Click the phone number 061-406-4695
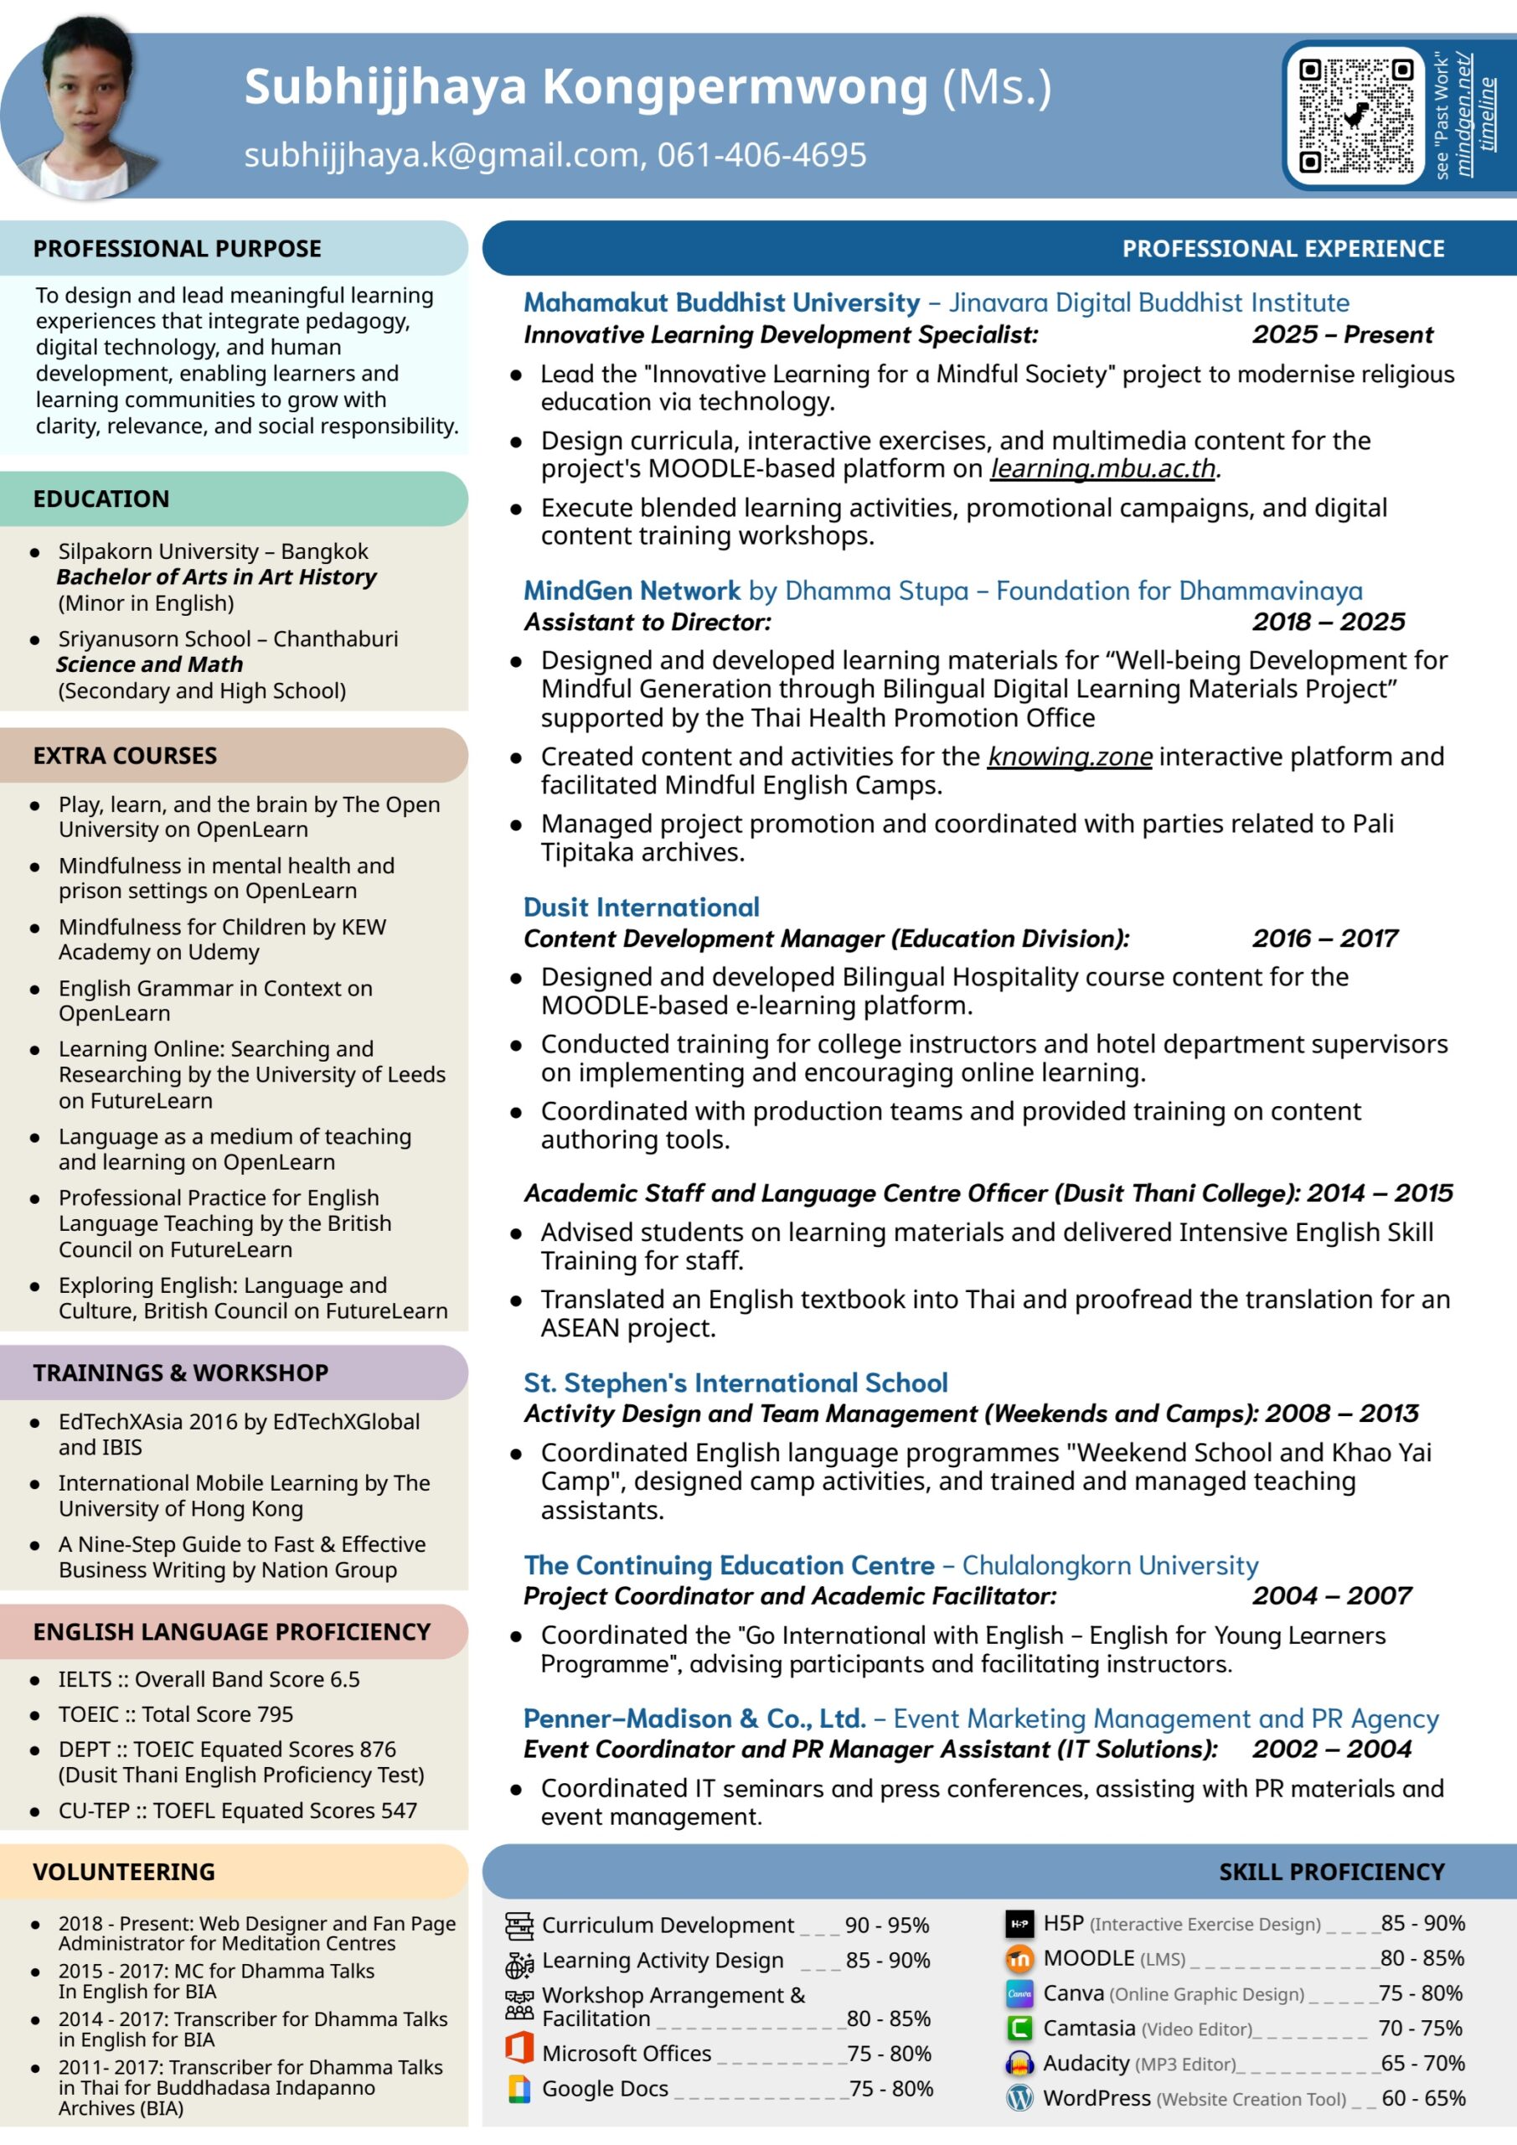[761, 155]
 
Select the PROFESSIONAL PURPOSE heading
[178, 249]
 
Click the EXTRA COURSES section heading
[125, 756]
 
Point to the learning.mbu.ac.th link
[1102, 468]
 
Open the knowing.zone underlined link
[1070, 756]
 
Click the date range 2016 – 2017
[1324, 938]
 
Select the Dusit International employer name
[641, 907]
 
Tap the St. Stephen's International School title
[735, 1383]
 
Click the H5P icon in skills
[1019, 1924]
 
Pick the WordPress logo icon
[1019, 2098]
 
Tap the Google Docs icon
[519, 2088]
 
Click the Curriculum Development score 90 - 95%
[886, 1925]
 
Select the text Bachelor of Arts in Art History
[216, 577]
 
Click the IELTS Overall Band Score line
[209, 1679]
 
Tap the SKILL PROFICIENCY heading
[1331, 1871]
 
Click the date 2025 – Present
[1342, 334]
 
